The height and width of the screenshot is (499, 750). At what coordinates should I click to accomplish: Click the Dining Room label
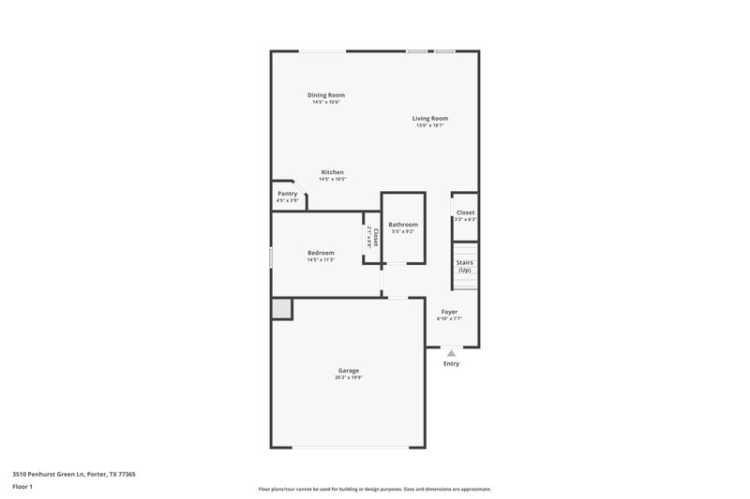pos(326,95)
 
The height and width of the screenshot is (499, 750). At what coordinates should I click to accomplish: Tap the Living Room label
pos(430,118)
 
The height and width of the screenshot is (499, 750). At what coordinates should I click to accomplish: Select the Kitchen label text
pos(332,172)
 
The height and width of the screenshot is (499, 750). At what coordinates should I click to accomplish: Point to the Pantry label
pos(287,194)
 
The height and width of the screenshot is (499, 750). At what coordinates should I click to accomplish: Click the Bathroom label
pos(403,225)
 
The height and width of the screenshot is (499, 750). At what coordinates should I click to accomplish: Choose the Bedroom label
pos(322,253)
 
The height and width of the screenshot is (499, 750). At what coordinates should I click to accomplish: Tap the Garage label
pos(349,371)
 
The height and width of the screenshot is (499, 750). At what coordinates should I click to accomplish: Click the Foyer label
pos(450,311)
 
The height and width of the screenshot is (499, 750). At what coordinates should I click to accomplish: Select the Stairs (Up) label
pos(464,266)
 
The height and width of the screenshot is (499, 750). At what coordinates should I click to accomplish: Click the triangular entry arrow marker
pos(451,353)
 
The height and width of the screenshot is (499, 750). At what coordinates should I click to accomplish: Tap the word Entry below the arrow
pos(451,363)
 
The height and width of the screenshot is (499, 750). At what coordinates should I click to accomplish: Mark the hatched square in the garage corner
pos(281,309)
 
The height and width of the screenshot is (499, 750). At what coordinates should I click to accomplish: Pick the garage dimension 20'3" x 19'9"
pos(349,378)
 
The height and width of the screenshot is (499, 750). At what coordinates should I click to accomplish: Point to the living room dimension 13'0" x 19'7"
pos(430,125)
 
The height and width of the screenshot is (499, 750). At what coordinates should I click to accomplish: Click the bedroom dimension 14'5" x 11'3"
pos(322,260)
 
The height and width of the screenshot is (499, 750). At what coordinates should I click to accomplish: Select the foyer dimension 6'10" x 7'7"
pos(450,318)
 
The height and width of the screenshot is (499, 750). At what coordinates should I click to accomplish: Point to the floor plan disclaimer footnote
pos(375,489)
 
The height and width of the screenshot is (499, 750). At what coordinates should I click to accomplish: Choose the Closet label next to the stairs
pos(466,213)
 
